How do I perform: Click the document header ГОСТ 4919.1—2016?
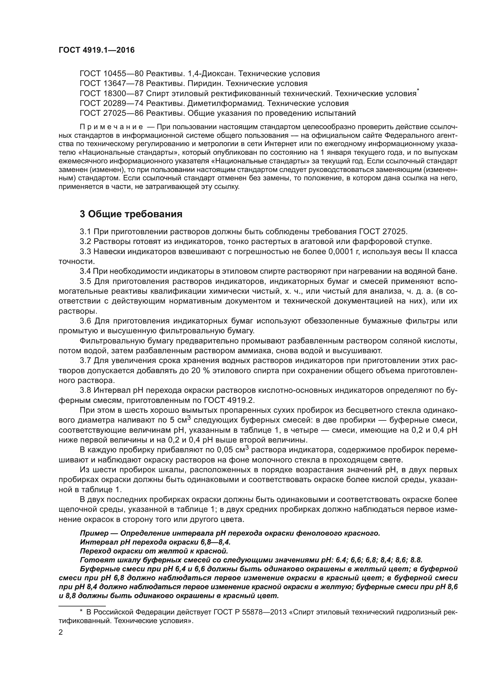(x=96, y=50)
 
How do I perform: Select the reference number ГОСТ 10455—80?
(x=111, y=74)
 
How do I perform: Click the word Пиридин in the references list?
(x=205, y=83)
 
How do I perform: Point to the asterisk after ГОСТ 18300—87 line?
(x=418, y=90)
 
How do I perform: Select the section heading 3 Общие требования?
(x=131, y=214)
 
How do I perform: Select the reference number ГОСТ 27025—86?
(x=111, y=113)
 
